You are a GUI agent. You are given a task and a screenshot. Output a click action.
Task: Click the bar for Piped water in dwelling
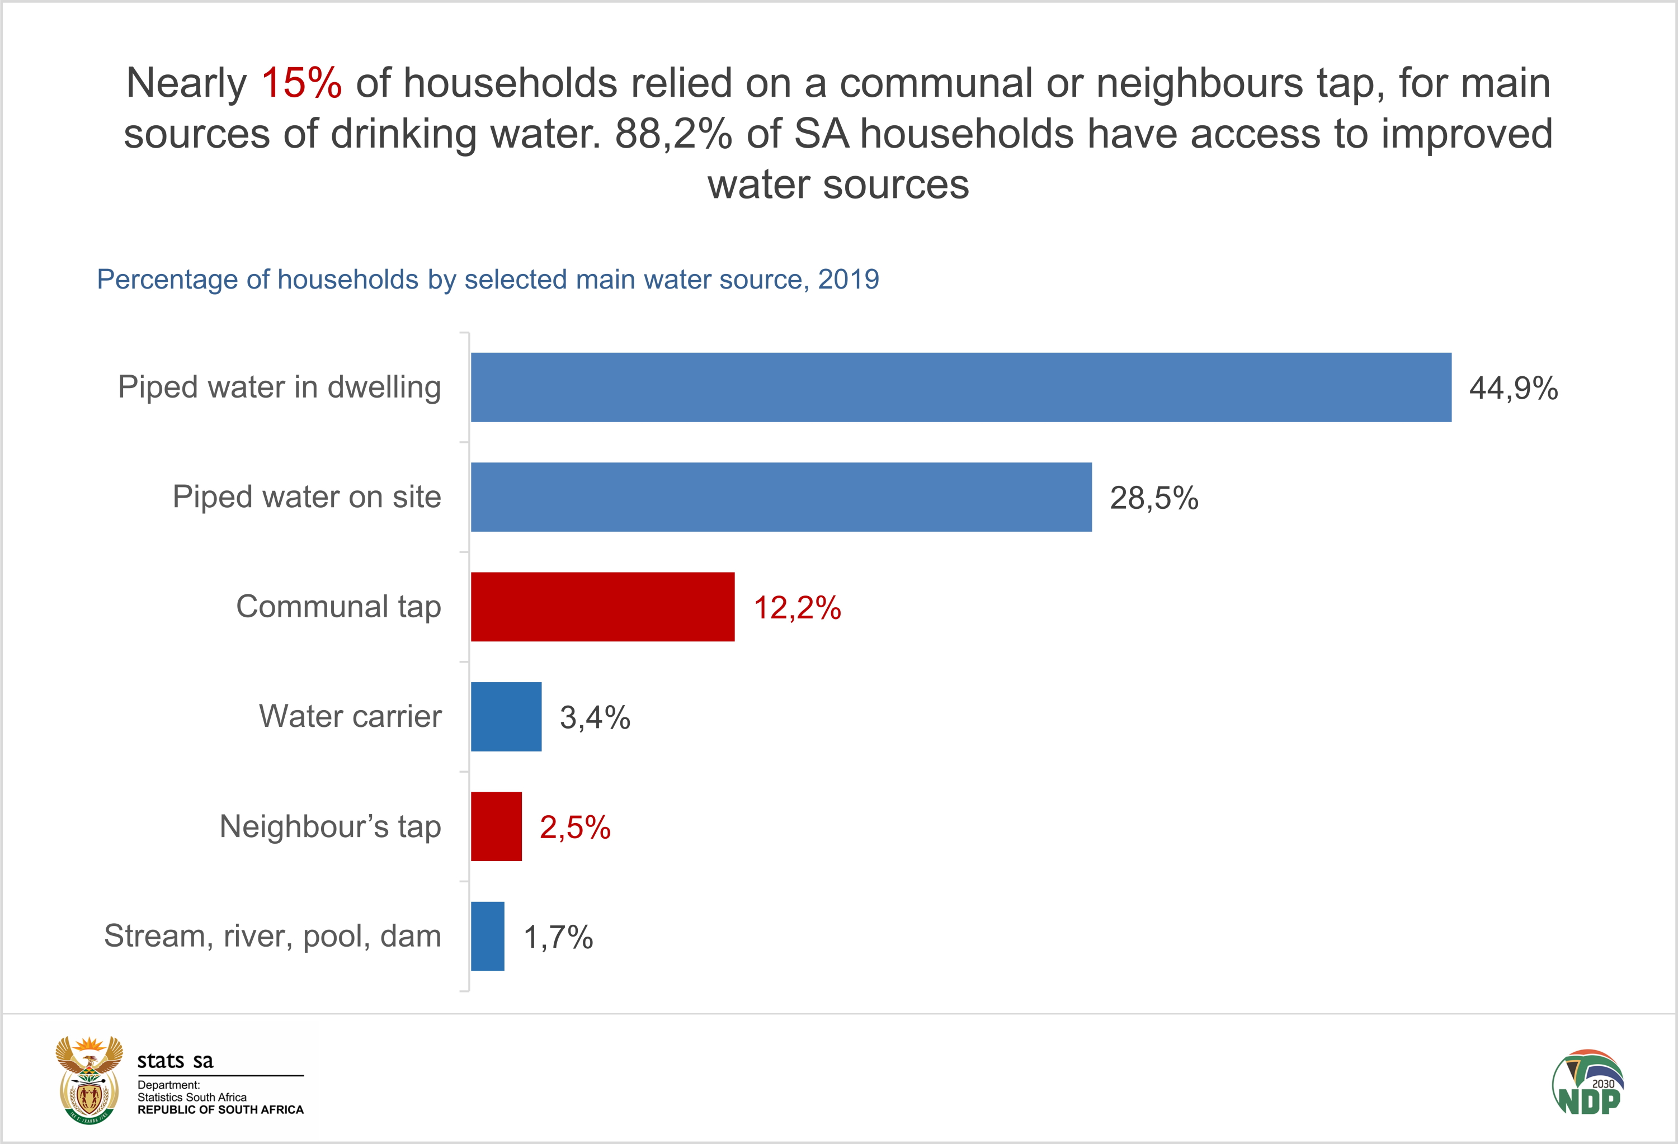(960, 387)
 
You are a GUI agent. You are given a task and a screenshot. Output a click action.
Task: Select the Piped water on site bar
(781, 497)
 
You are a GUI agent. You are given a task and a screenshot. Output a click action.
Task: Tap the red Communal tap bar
(602, 607)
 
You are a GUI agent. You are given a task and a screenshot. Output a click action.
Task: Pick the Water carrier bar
(506, 717)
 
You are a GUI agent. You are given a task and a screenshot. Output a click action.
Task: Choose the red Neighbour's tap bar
(496, 826)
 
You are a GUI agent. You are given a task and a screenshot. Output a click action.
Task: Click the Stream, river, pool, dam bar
(487, 936)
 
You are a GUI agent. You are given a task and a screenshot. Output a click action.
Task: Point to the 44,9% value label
(1514, 388)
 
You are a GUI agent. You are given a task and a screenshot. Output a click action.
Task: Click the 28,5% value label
(1154, 498)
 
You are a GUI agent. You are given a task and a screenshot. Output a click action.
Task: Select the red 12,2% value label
(797, 608)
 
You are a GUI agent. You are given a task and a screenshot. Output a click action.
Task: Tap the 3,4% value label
(595, 717)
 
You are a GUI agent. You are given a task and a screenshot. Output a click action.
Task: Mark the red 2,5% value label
(575, 827)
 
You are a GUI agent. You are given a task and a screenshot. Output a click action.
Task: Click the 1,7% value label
(558, 937)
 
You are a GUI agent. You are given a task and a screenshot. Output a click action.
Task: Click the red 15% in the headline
(301, 82)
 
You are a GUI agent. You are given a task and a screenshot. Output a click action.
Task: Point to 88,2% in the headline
(673, 134)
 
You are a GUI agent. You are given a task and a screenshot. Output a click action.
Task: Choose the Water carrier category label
(350, 717)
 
